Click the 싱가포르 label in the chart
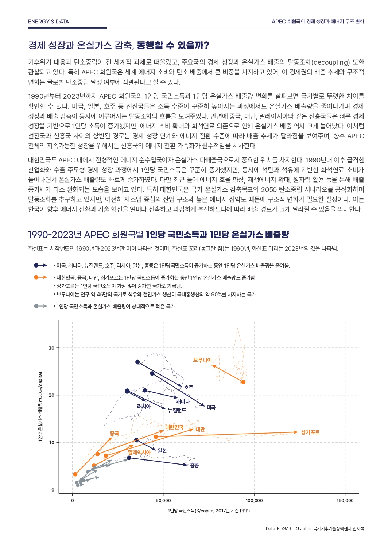[310, 432]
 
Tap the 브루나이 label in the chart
[202, 360]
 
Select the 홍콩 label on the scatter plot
[194, 465]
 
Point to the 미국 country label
[211, 407]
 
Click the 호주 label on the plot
[189, 388]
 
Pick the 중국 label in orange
[115, 434]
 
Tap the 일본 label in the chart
[162, 451]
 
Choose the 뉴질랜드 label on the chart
[177, 411]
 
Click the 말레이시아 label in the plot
[139, 453]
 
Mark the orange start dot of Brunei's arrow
[243, 382]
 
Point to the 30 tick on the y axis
[51, 348]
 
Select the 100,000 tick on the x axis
[254, 501]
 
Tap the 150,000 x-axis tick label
[345, 501]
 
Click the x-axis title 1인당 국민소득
[209, 511]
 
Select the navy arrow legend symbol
[40, 265]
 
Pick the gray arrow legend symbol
[40, 306]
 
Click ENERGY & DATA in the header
[48, 22]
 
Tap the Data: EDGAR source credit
[278, 529]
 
